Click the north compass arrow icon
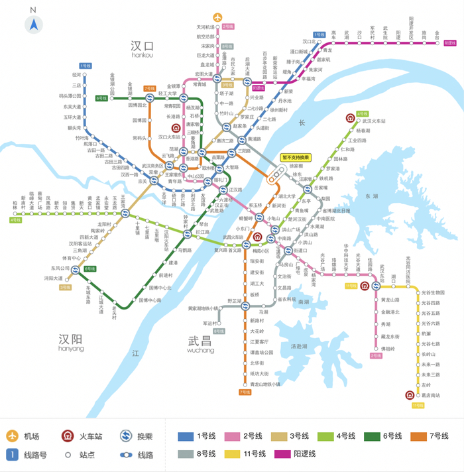coord(34,25)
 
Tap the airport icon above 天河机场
coord(217,17)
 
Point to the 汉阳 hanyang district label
coord(71,340)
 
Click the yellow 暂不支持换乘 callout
coord(296,157)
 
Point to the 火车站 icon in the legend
coord(68,436)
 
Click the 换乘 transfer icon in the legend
coord(126,436)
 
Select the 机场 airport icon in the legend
coord(13,436)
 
